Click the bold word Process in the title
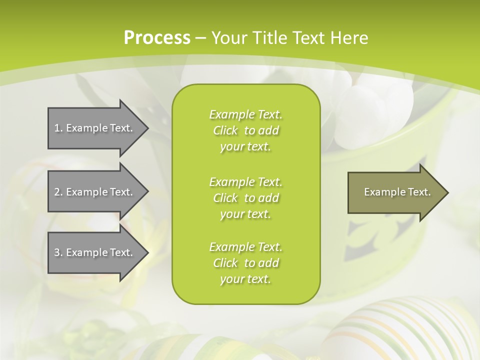tap(157, 38)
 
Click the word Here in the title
tap(349, 38)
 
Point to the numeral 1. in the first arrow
tap(58, 128)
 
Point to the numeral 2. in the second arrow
tap(58, 192)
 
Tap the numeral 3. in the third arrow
tap(58, 252)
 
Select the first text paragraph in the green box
tap(245, 130)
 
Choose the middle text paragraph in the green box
tap(245, 198)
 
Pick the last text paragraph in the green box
tap(245, 263)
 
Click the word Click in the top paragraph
tap(225, 130)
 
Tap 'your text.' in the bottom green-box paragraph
tap(245, 279)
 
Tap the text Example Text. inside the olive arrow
tap(397, 192)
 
